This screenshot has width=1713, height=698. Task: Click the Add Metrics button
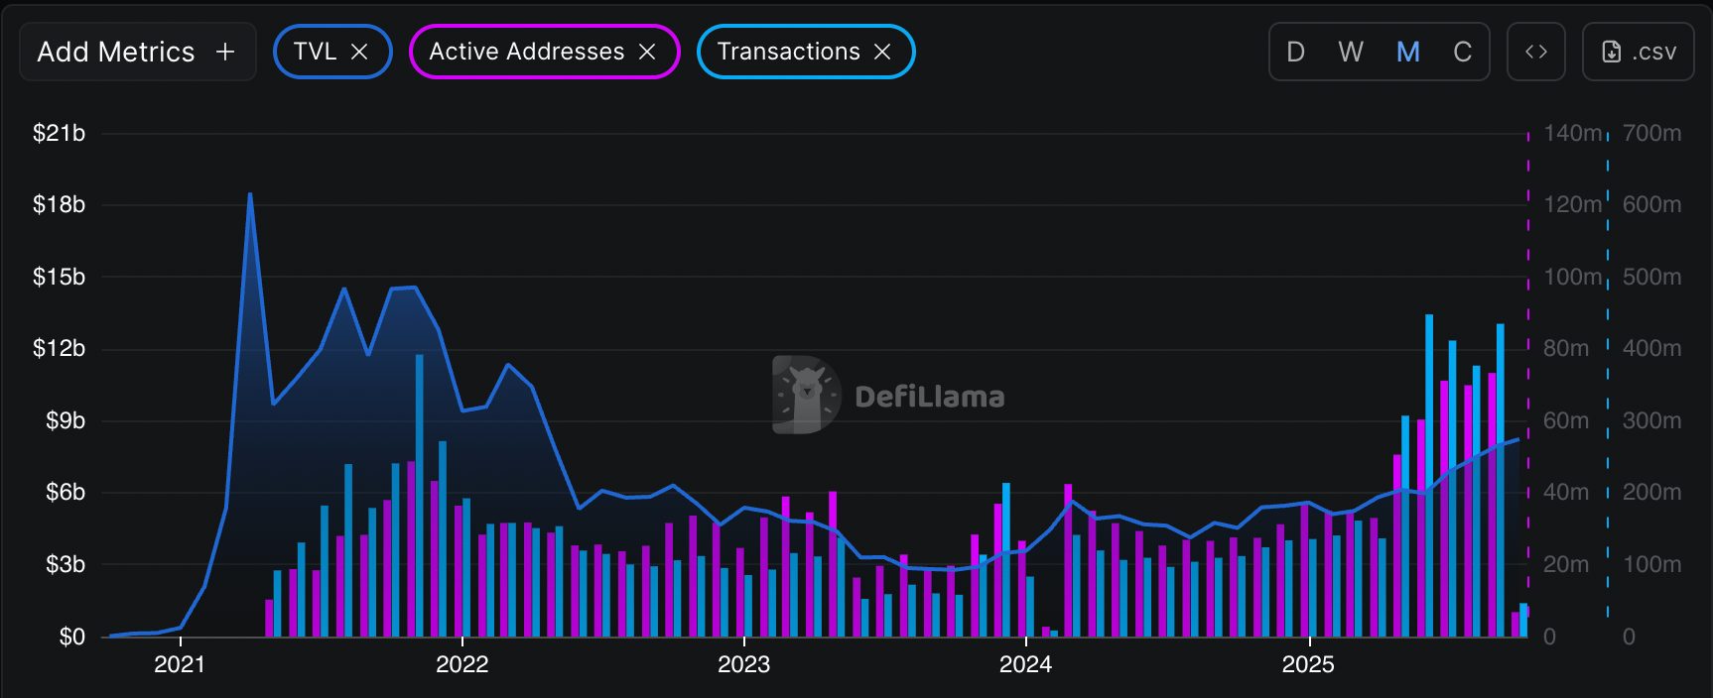point(137,52)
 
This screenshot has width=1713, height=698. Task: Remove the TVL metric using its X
point(359,52)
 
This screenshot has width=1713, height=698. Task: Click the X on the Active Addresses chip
point(647,52)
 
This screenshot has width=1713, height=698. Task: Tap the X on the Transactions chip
point(882,52)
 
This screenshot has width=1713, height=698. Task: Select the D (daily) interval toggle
point(1295,52)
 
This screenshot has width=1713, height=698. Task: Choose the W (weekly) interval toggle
point(1350,52)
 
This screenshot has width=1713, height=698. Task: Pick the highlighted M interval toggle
point(1407,52)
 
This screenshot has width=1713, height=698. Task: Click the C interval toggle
point(1462,52)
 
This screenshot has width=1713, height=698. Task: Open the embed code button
point(1535,52)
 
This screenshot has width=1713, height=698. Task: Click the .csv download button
point(1639,52)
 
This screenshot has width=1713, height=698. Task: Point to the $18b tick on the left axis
point(59,204)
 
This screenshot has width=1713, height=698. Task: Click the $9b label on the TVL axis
point(65,420)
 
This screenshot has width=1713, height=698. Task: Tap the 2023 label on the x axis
point(743,664)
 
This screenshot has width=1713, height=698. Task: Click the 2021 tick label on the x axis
point(180,664)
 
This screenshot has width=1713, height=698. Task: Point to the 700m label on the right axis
point(1651,133)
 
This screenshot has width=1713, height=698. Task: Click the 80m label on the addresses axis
point(1566,348)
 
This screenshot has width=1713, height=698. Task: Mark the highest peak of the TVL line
point(250,195)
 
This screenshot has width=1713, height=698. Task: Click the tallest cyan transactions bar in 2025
point(1429,476)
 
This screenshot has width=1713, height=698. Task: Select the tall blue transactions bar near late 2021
point(420,496)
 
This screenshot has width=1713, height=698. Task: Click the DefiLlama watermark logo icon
point(806,395)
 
